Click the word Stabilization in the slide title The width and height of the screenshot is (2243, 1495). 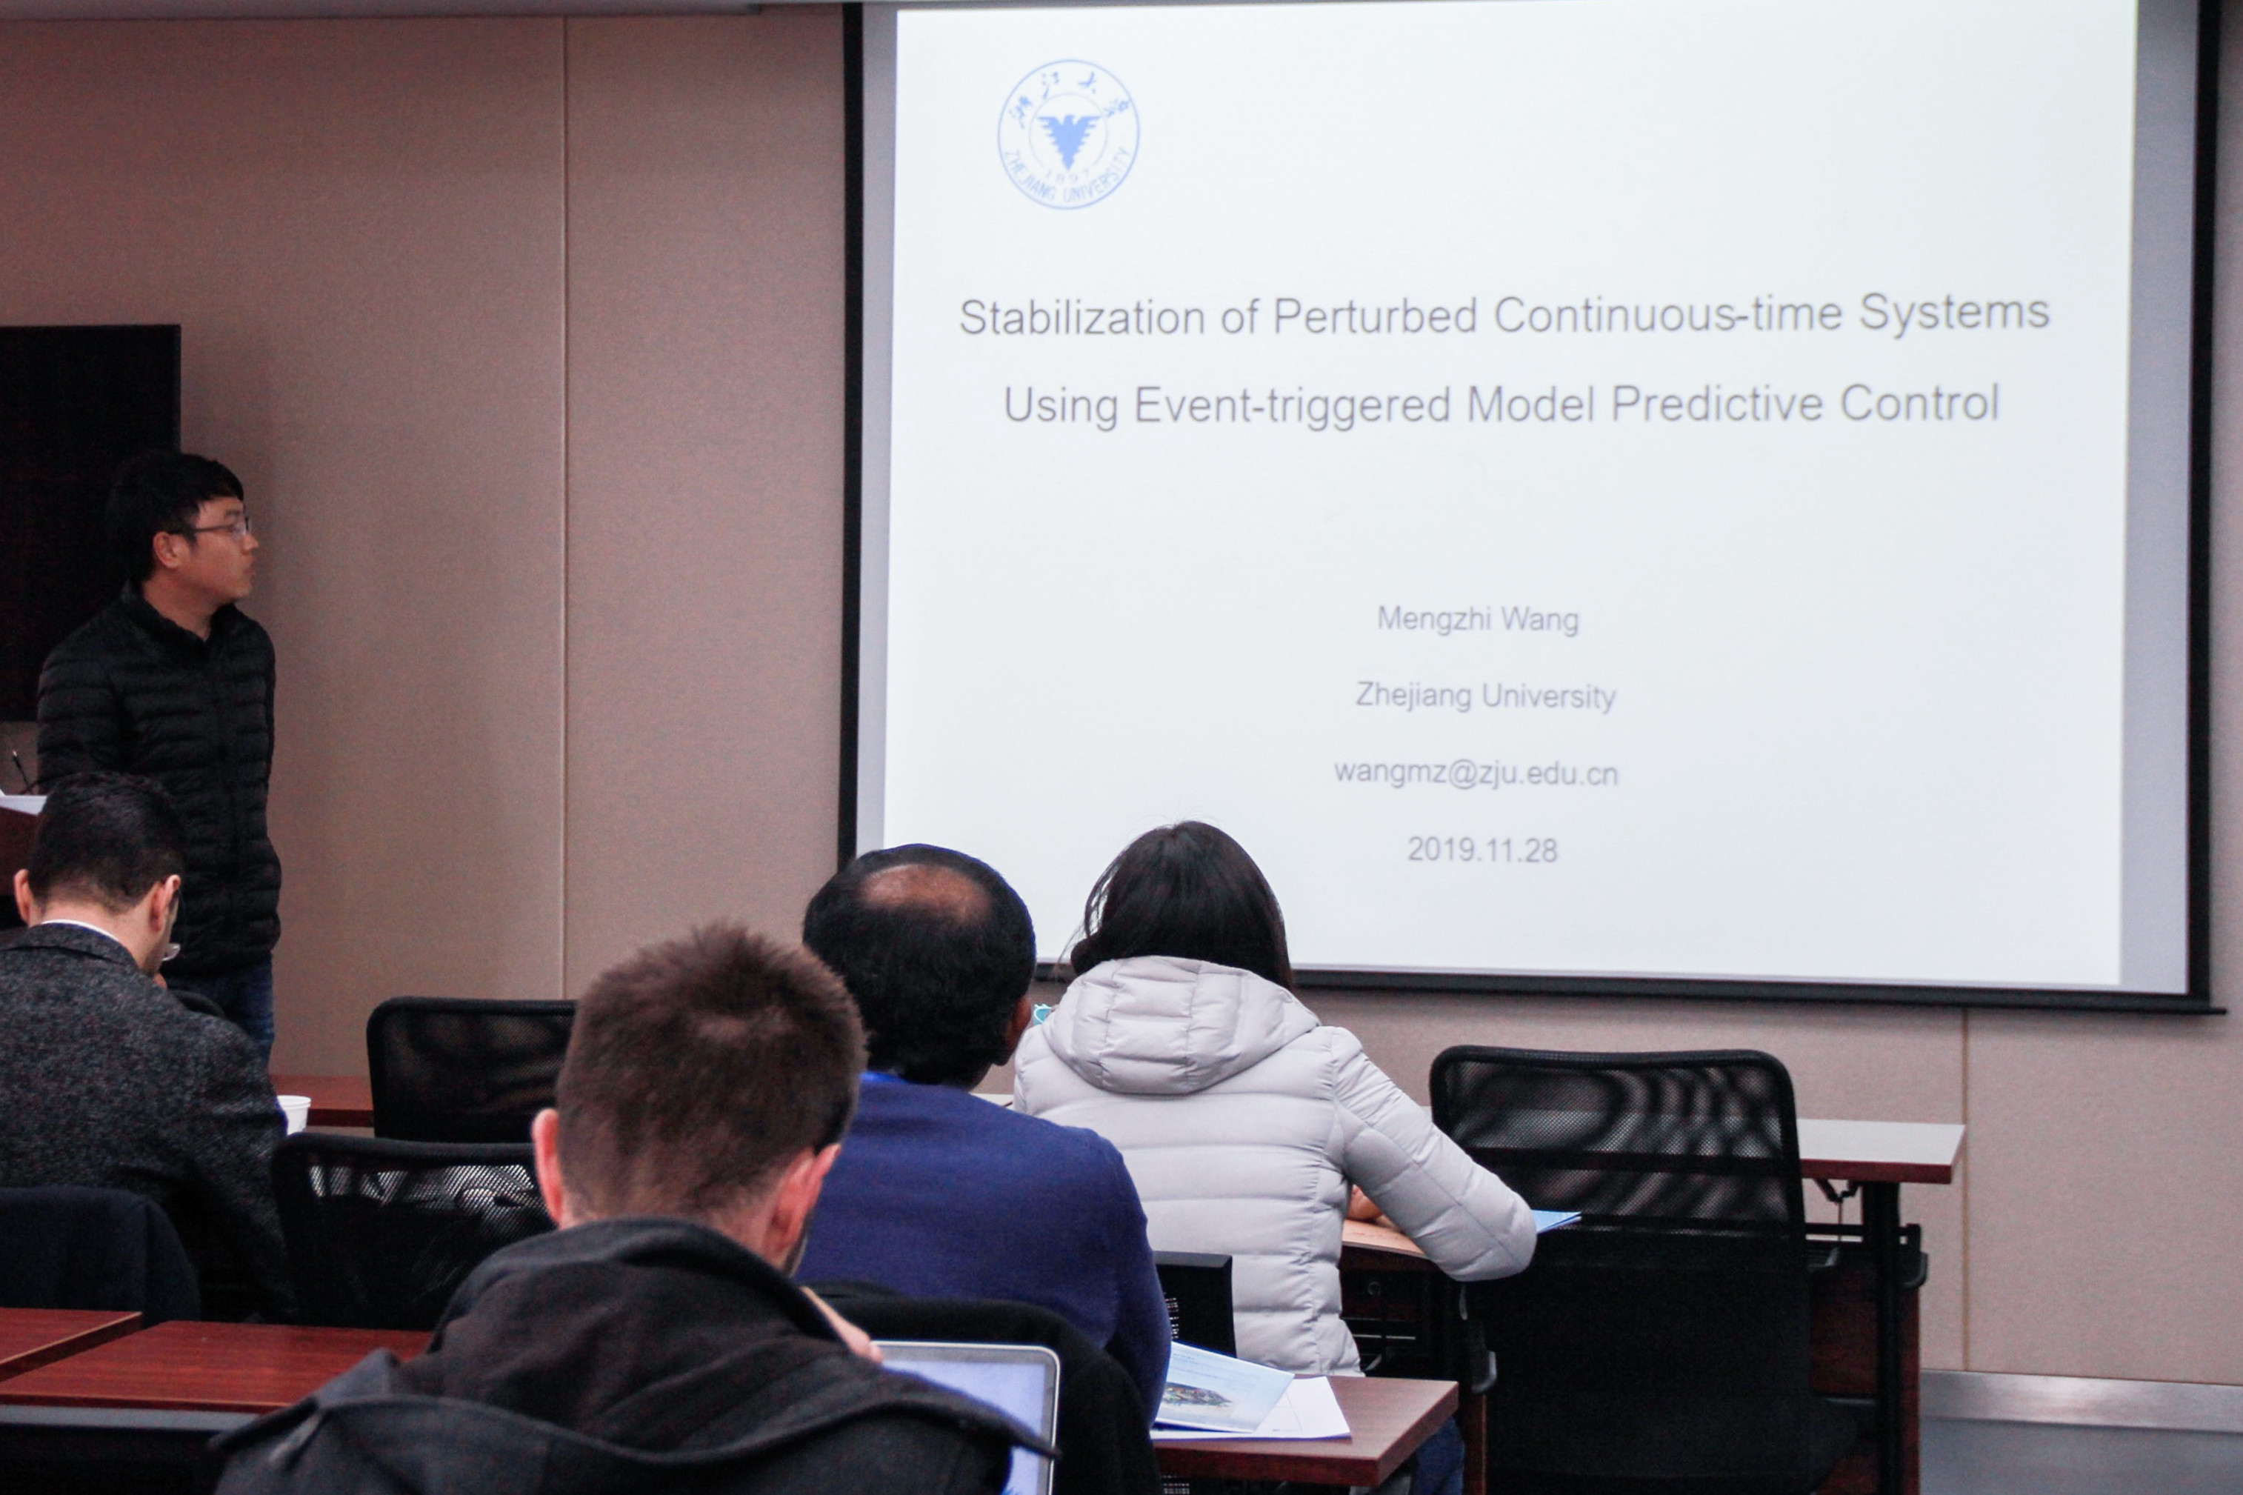point(1082,318)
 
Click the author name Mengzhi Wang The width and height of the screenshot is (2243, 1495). point(1478,620)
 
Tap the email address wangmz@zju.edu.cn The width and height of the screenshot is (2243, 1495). point(1476,773)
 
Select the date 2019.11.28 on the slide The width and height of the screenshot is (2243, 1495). point(1482,850)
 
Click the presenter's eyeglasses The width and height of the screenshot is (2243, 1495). point(221,527)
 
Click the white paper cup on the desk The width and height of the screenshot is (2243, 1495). point(293,1113)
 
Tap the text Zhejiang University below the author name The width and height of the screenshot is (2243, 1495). point(1485,697)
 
